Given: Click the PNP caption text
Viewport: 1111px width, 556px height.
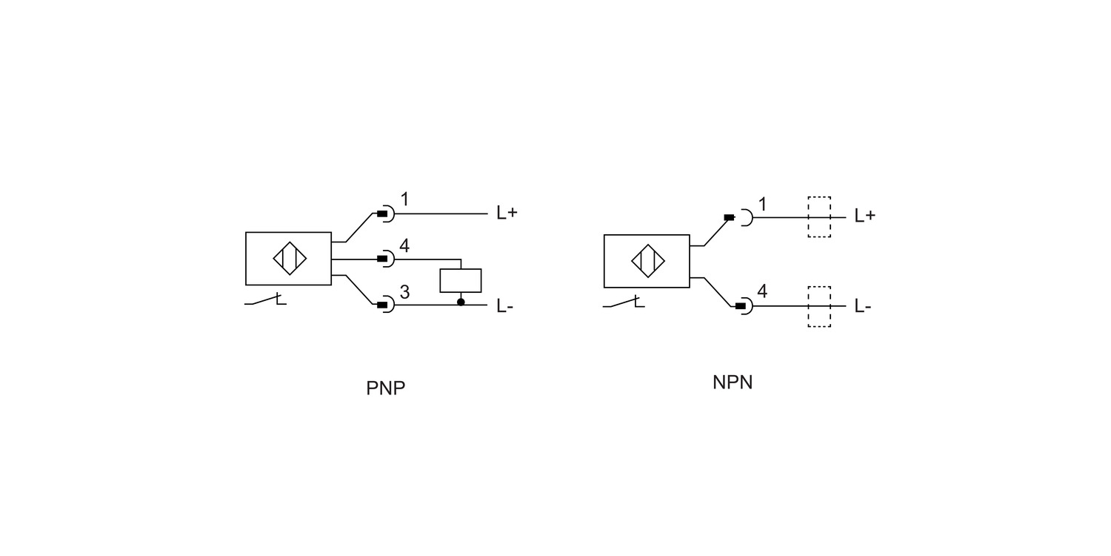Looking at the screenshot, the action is tap(385, 388).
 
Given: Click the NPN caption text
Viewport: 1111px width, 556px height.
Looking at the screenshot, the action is tap(733, 383).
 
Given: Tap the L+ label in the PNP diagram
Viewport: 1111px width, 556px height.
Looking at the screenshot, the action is tap(507, 213).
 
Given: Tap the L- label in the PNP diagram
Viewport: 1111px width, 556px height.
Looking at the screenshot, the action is tap(505, 306).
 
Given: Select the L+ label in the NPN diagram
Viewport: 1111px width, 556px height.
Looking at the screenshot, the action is tap(865, 216).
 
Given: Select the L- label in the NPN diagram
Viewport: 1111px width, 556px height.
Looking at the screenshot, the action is tap(863, 306).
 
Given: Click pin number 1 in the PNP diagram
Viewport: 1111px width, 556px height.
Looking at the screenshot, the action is tap(404, 199).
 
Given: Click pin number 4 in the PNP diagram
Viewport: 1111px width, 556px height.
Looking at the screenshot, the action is tap(404, 245).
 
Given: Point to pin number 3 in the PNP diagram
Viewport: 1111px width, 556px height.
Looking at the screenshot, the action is tap(404, 292).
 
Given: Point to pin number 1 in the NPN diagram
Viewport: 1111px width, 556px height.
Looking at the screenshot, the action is tap(763, 204).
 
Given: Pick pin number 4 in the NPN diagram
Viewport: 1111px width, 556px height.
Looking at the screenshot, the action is tap(762, 291).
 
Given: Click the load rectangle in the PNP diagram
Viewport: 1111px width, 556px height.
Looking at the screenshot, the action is tap(460, 280).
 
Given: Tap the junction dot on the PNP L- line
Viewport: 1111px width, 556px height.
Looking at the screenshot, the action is tap(461, 302).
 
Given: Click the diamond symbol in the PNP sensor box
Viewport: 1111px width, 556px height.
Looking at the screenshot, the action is tap(290, 259).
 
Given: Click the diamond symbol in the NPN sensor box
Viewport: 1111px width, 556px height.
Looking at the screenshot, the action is tap(648, 261).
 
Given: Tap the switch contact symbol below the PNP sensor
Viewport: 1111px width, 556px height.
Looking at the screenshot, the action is tap(265, 299).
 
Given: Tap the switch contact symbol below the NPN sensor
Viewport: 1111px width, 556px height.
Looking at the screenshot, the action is tap(624, 302).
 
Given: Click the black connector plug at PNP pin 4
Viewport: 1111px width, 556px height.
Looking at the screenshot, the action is tap(382, 259).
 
